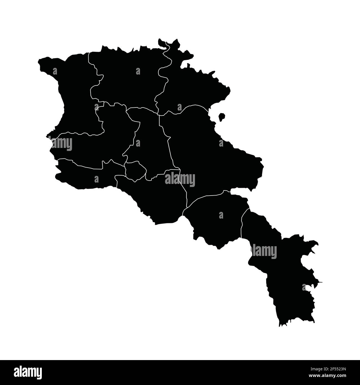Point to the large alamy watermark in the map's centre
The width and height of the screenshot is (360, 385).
[x=180, y=179]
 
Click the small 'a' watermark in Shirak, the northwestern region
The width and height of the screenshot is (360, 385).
[x=55, y=71]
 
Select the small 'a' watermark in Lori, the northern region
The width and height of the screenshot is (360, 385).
[x=138, y=71]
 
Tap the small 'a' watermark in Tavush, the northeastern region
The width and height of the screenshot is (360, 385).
[x=179, y=107]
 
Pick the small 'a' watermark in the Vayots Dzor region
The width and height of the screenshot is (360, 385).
[x=221, y=215]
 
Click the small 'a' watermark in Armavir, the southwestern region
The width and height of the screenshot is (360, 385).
[x=96, y=179]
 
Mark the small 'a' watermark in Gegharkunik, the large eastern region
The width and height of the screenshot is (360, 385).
[x=221, y=143]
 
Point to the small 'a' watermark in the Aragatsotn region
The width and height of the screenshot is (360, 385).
[x=96, y=107]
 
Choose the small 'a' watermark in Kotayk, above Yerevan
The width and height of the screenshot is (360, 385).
[x=138, y=143]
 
